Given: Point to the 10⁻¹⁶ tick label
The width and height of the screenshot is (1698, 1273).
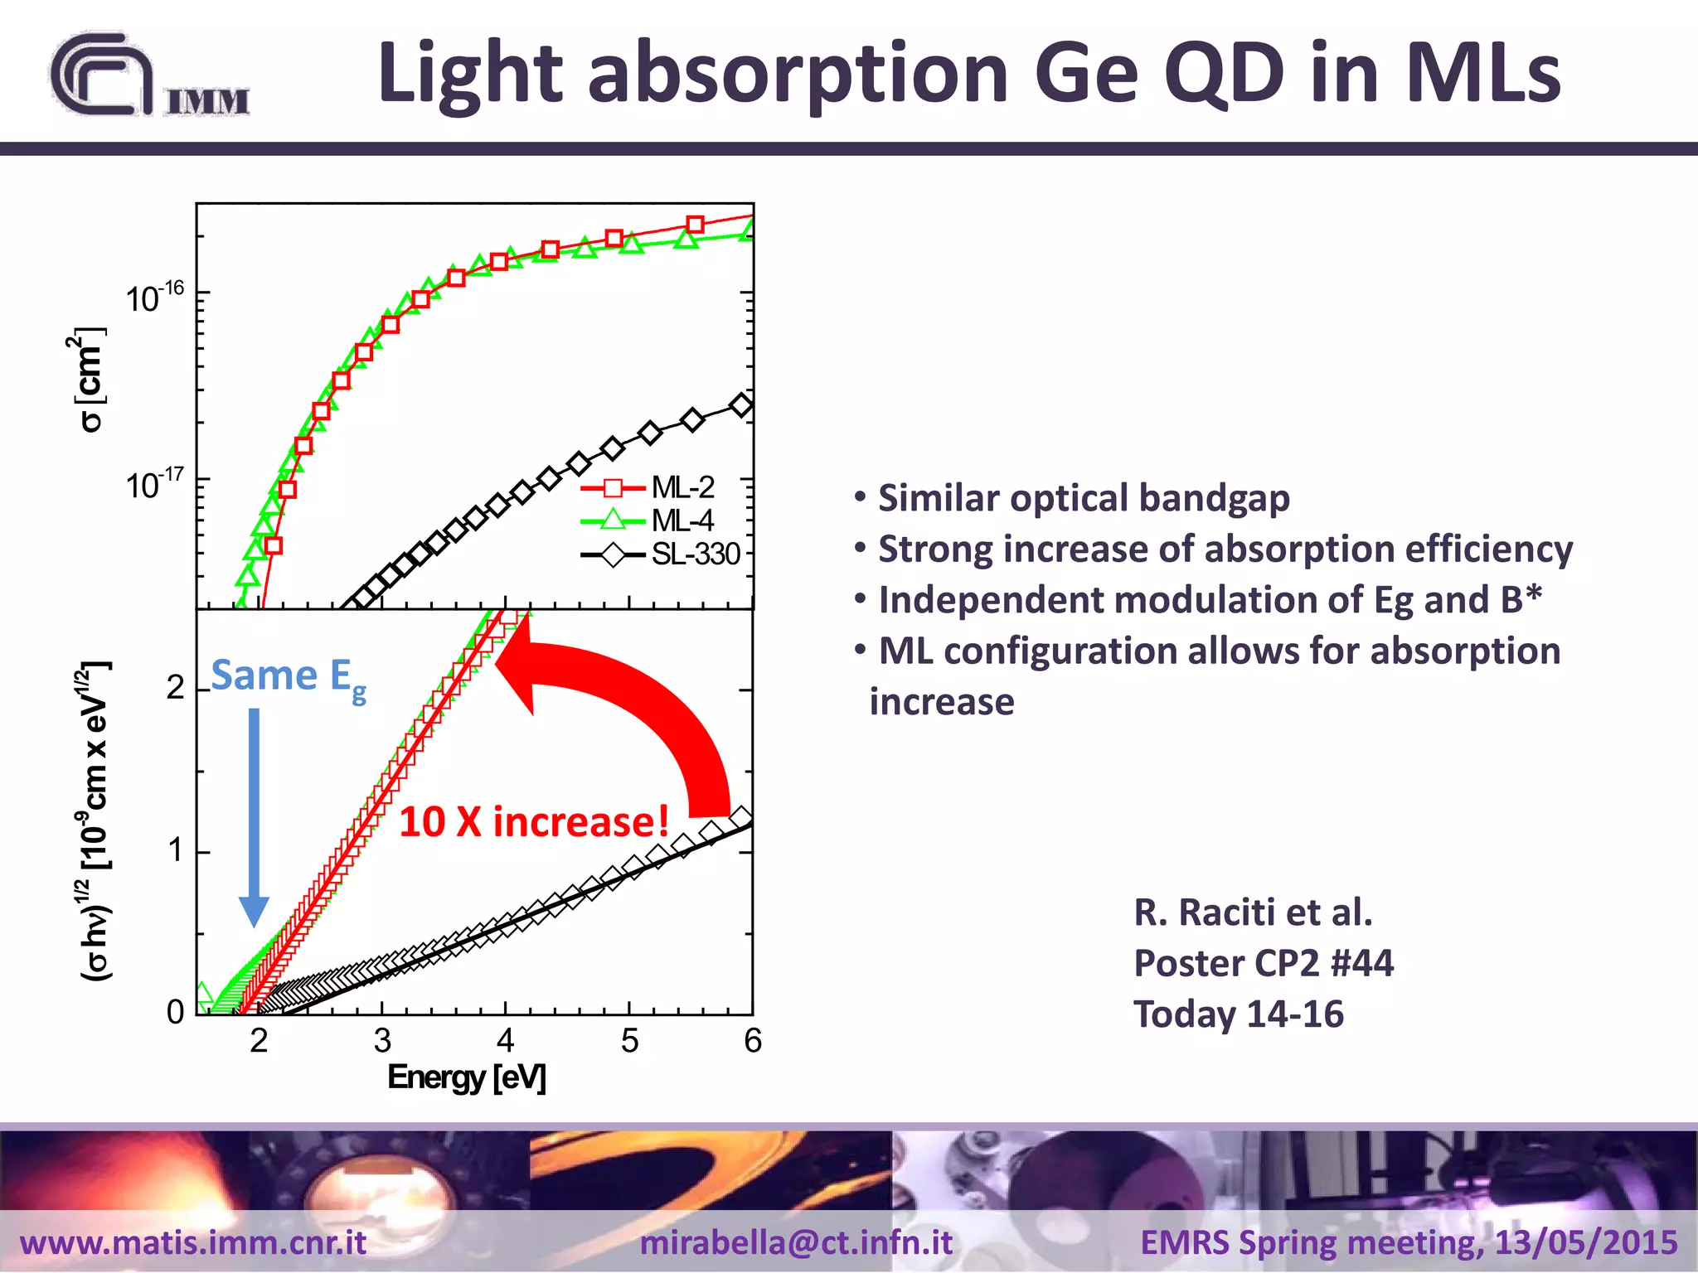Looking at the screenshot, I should [155, 297].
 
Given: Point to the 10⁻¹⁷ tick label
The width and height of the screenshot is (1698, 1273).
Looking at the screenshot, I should [155, 483].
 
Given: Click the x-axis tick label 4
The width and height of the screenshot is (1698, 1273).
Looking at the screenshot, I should [505, 1041].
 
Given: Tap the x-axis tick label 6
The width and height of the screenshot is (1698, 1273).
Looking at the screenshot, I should [752, 1041].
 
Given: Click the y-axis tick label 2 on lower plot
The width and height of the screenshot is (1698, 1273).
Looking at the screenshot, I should [175, 688].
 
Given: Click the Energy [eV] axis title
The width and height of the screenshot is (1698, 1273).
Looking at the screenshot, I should [467, 1077].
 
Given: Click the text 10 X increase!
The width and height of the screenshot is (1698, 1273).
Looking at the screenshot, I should [534, 822].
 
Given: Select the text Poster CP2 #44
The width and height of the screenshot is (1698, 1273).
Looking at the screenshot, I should [1263, 963].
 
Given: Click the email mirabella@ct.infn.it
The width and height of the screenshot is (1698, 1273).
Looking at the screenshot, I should [796, 1242].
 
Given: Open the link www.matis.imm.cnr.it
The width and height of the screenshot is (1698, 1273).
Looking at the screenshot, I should [193, 1242].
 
